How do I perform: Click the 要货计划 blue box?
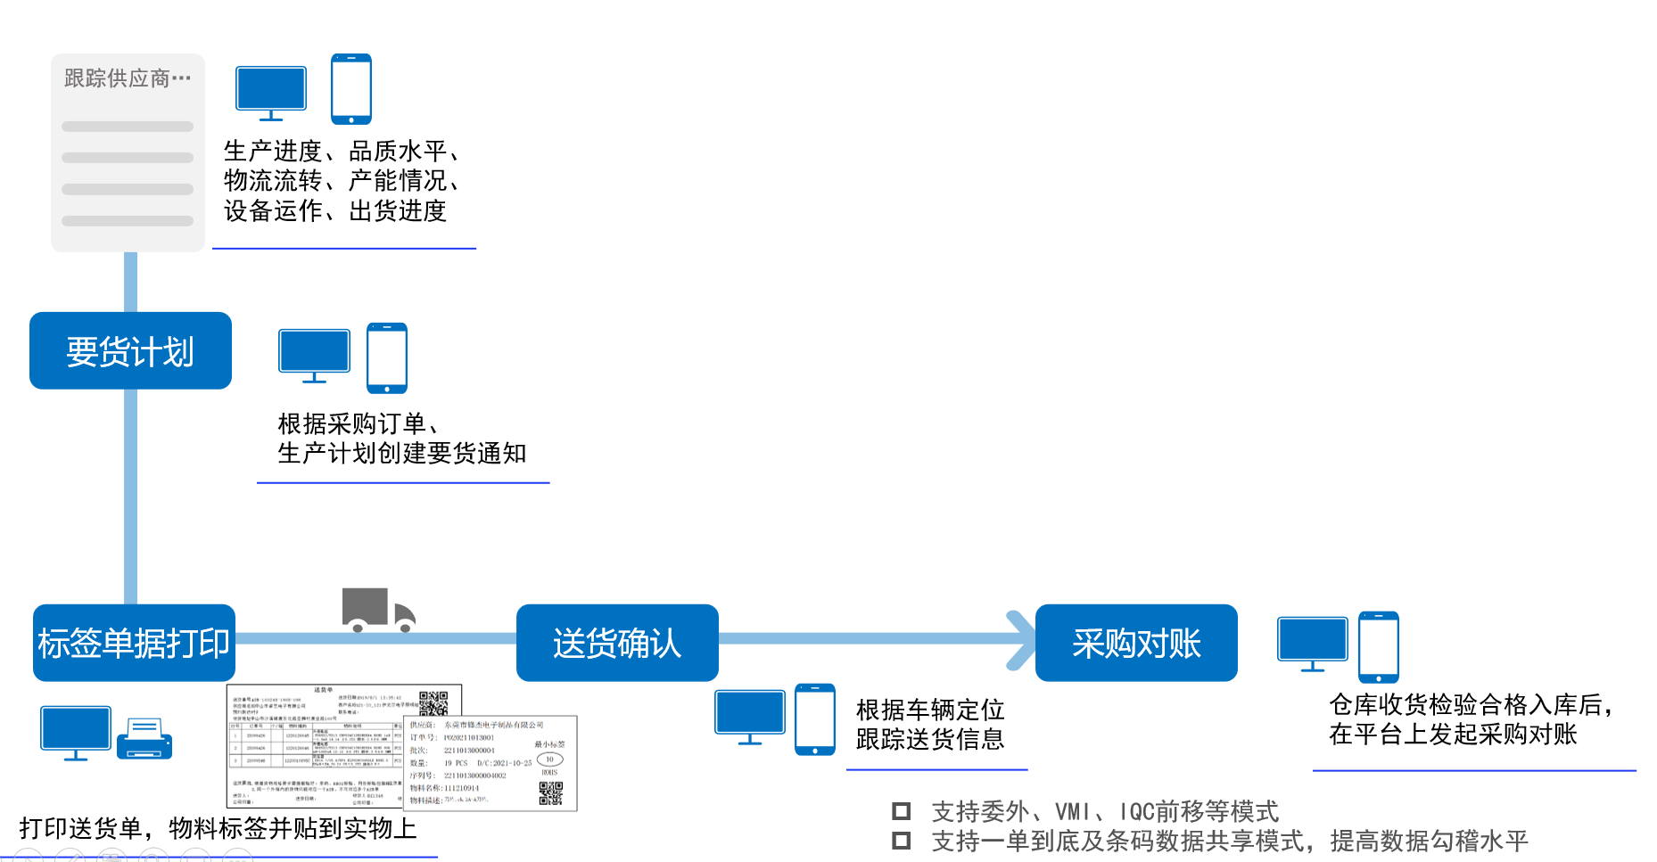coord(130,351)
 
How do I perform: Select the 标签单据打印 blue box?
coord(134,643)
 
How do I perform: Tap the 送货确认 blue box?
coord(617,643)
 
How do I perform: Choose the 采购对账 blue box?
coord(1136,643)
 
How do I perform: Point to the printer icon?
coord(144,740)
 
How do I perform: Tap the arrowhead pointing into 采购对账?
coord(1020,639)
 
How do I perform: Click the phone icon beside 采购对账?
coord(1378,647)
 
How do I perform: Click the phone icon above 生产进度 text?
coord(351,89)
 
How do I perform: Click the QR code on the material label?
coord(551,793)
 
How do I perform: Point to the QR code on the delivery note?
coord(433,703)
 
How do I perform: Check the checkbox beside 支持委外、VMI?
coord(902,811)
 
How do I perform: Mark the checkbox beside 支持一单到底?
coord(902,841)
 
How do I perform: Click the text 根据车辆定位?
coord(930,710)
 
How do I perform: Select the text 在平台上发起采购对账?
coord(1453,735)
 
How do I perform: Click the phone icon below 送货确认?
coord(815,719)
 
